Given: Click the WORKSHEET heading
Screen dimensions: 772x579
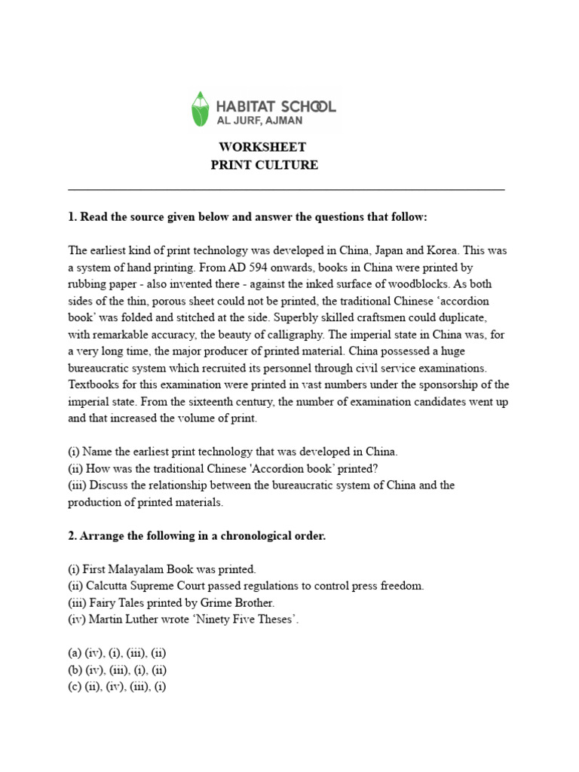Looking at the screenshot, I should click(263, 147).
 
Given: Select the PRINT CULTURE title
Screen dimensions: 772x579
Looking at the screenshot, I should click(264, 165).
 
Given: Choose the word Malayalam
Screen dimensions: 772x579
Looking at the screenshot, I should click(140, 568).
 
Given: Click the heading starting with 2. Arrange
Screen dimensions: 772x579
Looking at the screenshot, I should click(197, 535).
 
